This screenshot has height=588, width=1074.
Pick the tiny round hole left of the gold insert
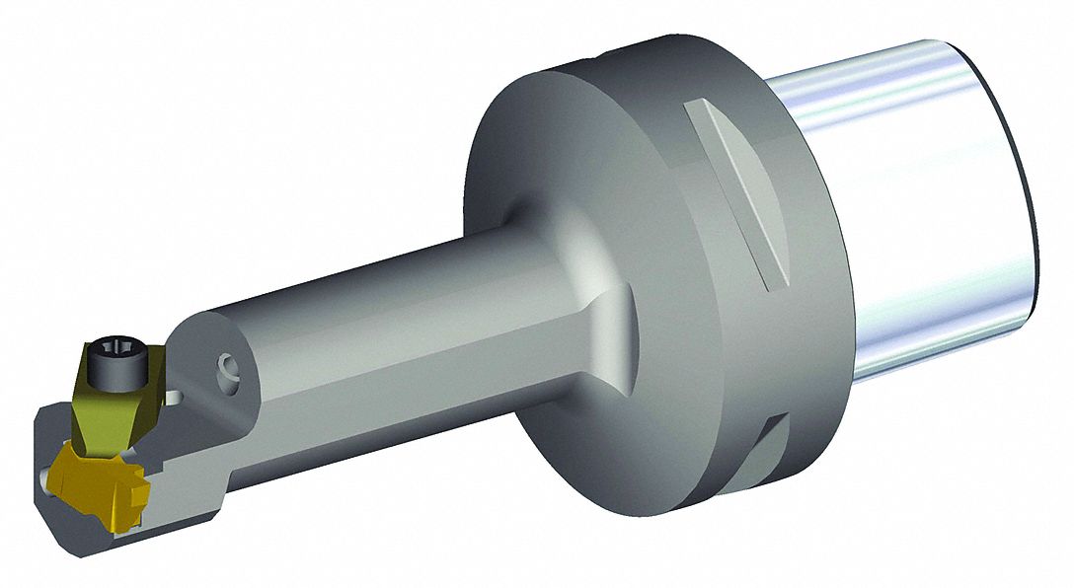click(47, 478)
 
